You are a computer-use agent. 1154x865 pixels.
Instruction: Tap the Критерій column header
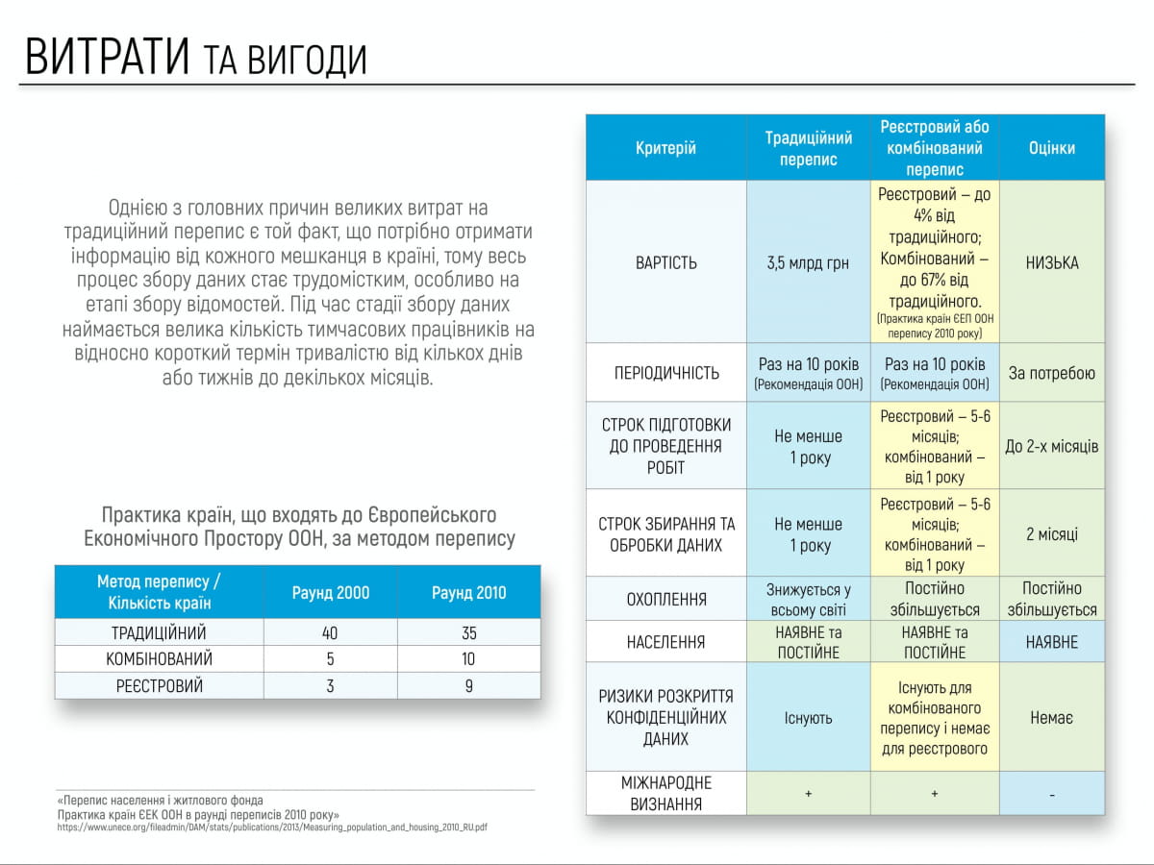[665, 148]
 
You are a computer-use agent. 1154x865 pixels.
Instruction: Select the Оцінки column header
[1051, 148]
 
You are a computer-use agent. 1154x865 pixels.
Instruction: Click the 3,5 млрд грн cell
[808, 263]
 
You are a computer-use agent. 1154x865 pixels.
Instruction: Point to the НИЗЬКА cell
[1051, 263]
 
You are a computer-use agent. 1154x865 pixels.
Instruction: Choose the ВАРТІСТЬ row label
[665, 263]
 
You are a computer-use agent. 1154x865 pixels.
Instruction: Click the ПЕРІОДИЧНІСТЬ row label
[665, 373]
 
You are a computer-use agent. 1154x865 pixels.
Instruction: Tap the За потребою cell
[1051, 373]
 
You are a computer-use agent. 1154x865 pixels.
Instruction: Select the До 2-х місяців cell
[1051, 447]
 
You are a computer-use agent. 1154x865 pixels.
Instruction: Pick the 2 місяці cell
[1051, 534]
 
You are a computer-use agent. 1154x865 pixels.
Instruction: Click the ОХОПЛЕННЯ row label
[665, 599]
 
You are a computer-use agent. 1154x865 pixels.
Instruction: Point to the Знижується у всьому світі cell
[808, 599]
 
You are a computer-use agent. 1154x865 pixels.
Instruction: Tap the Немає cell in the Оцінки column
[1051, 718]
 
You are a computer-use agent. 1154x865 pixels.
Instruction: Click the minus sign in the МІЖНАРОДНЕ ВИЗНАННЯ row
[1051, 795]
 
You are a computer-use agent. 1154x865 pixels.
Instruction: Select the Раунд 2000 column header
[330, 592]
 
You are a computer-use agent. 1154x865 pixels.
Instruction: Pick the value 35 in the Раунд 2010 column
[469, 633]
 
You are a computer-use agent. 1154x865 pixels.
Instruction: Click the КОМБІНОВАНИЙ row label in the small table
[160, 659]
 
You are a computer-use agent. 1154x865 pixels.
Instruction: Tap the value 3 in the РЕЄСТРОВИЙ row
[330, 686]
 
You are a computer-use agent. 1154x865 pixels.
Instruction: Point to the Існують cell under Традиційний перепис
[808, 718]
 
